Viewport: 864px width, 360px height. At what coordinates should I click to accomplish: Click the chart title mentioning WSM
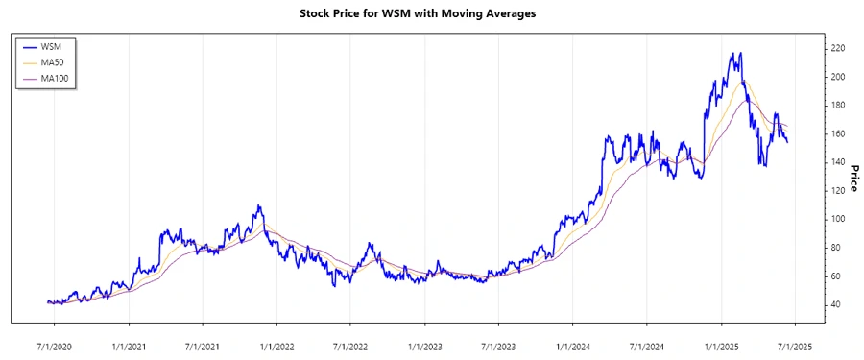(431, 14)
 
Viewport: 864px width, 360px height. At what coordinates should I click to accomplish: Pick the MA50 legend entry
(53, 62)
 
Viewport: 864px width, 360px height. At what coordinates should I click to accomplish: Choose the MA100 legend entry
(55, 78)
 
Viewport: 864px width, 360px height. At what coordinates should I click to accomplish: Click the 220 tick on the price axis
(838, 48)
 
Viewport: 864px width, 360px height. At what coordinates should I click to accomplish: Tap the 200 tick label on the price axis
(838, 77)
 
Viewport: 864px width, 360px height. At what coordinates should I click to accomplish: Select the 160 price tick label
(838, 133)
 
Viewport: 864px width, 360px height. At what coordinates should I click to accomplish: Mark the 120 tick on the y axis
(838, 190)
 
